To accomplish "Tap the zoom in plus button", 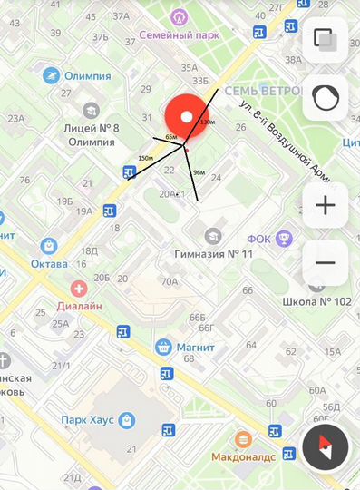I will (x=325, y=206).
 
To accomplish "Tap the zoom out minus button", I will (x=325, y=263).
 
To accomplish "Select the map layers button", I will (x=325, y=40).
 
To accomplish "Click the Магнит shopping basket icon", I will (x=164, y=346).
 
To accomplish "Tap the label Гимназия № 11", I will (x=207, y=252).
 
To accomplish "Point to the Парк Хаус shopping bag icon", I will (x=126, y=420).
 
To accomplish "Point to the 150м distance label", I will (x=145, y=159).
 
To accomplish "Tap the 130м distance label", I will (x=208, y=122).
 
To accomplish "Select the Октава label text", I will (x=49, y=263).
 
